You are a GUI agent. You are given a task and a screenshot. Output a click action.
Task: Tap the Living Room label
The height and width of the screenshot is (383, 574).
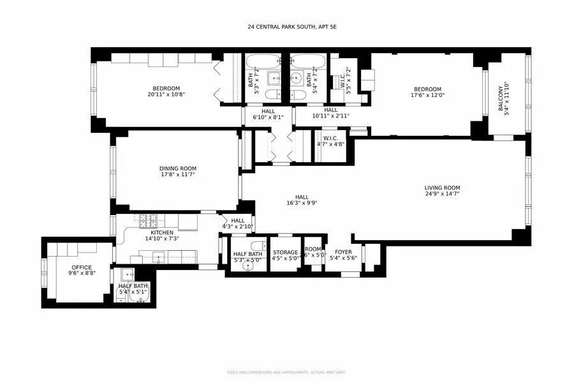tap(442, 188)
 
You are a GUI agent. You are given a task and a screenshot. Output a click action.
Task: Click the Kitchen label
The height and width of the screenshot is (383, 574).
tap(161, 232)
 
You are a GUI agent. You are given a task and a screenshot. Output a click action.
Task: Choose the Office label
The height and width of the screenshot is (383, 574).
tap(81, 267)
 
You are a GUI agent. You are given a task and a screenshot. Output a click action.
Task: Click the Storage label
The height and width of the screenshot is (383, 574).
tap(285, 252)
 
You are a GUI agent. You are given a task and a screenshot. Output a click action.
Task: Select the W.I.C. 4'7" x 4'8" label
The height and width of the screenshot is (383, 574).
tap(330, 138)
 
